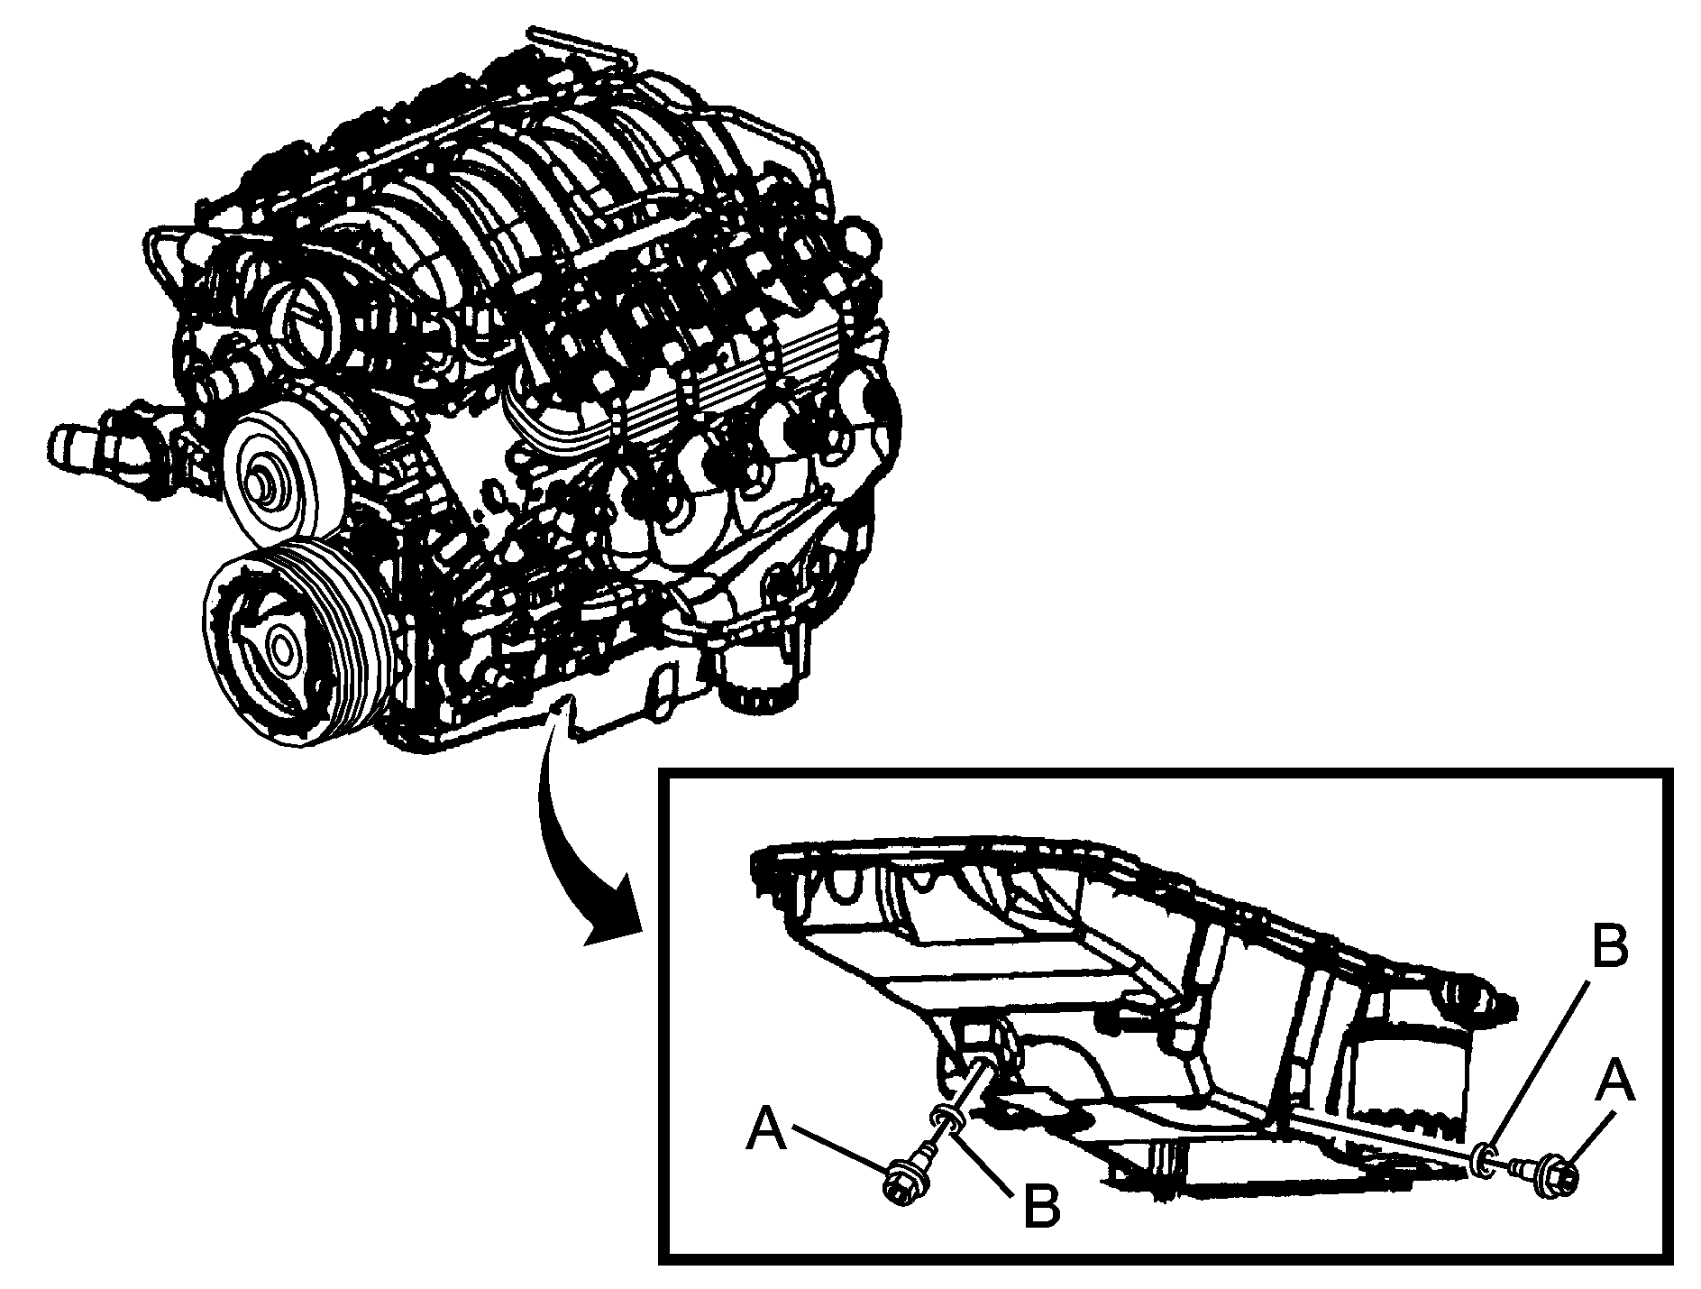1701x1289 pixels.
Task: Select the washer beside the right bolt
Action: coord(1485,1161)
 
